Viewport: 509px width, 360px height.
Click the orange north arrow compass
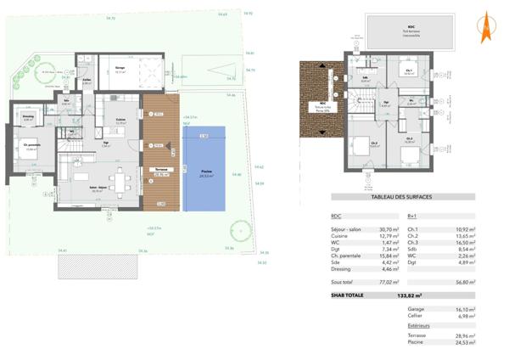pos(486,28)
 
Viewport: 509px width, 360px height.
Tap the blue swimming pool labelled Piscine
pos(204,169)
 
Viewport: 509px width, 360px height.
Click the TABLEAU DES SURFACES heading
pos(402,197)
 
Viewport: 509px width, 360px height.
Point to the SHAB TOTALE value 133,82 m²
pos(410,296)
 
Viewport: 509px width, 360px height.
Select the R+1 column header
pos(412,217)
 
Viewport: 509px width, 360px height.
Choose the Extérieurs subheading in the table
pos(419,325)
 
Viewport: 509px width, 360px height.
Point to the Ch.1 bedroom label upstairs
pos(409,70)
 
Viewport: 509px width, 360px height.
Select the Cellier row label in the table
pos(417,317)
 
